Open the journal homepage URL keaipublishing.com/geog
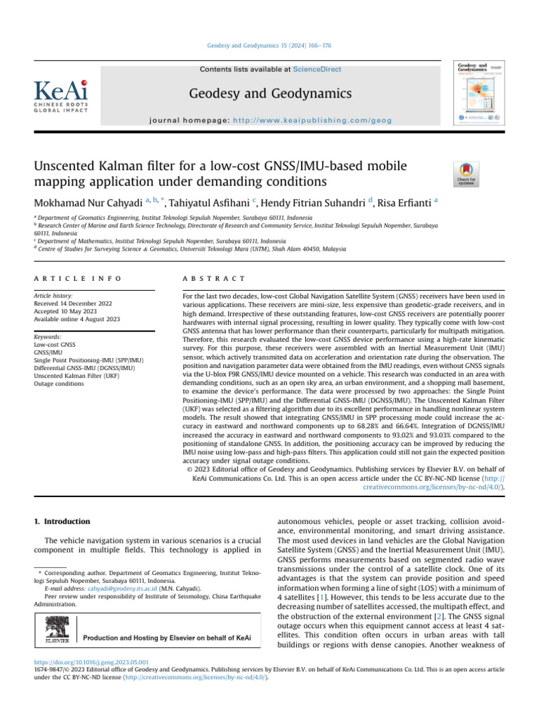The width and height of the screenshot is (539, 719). pos(332,121)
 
